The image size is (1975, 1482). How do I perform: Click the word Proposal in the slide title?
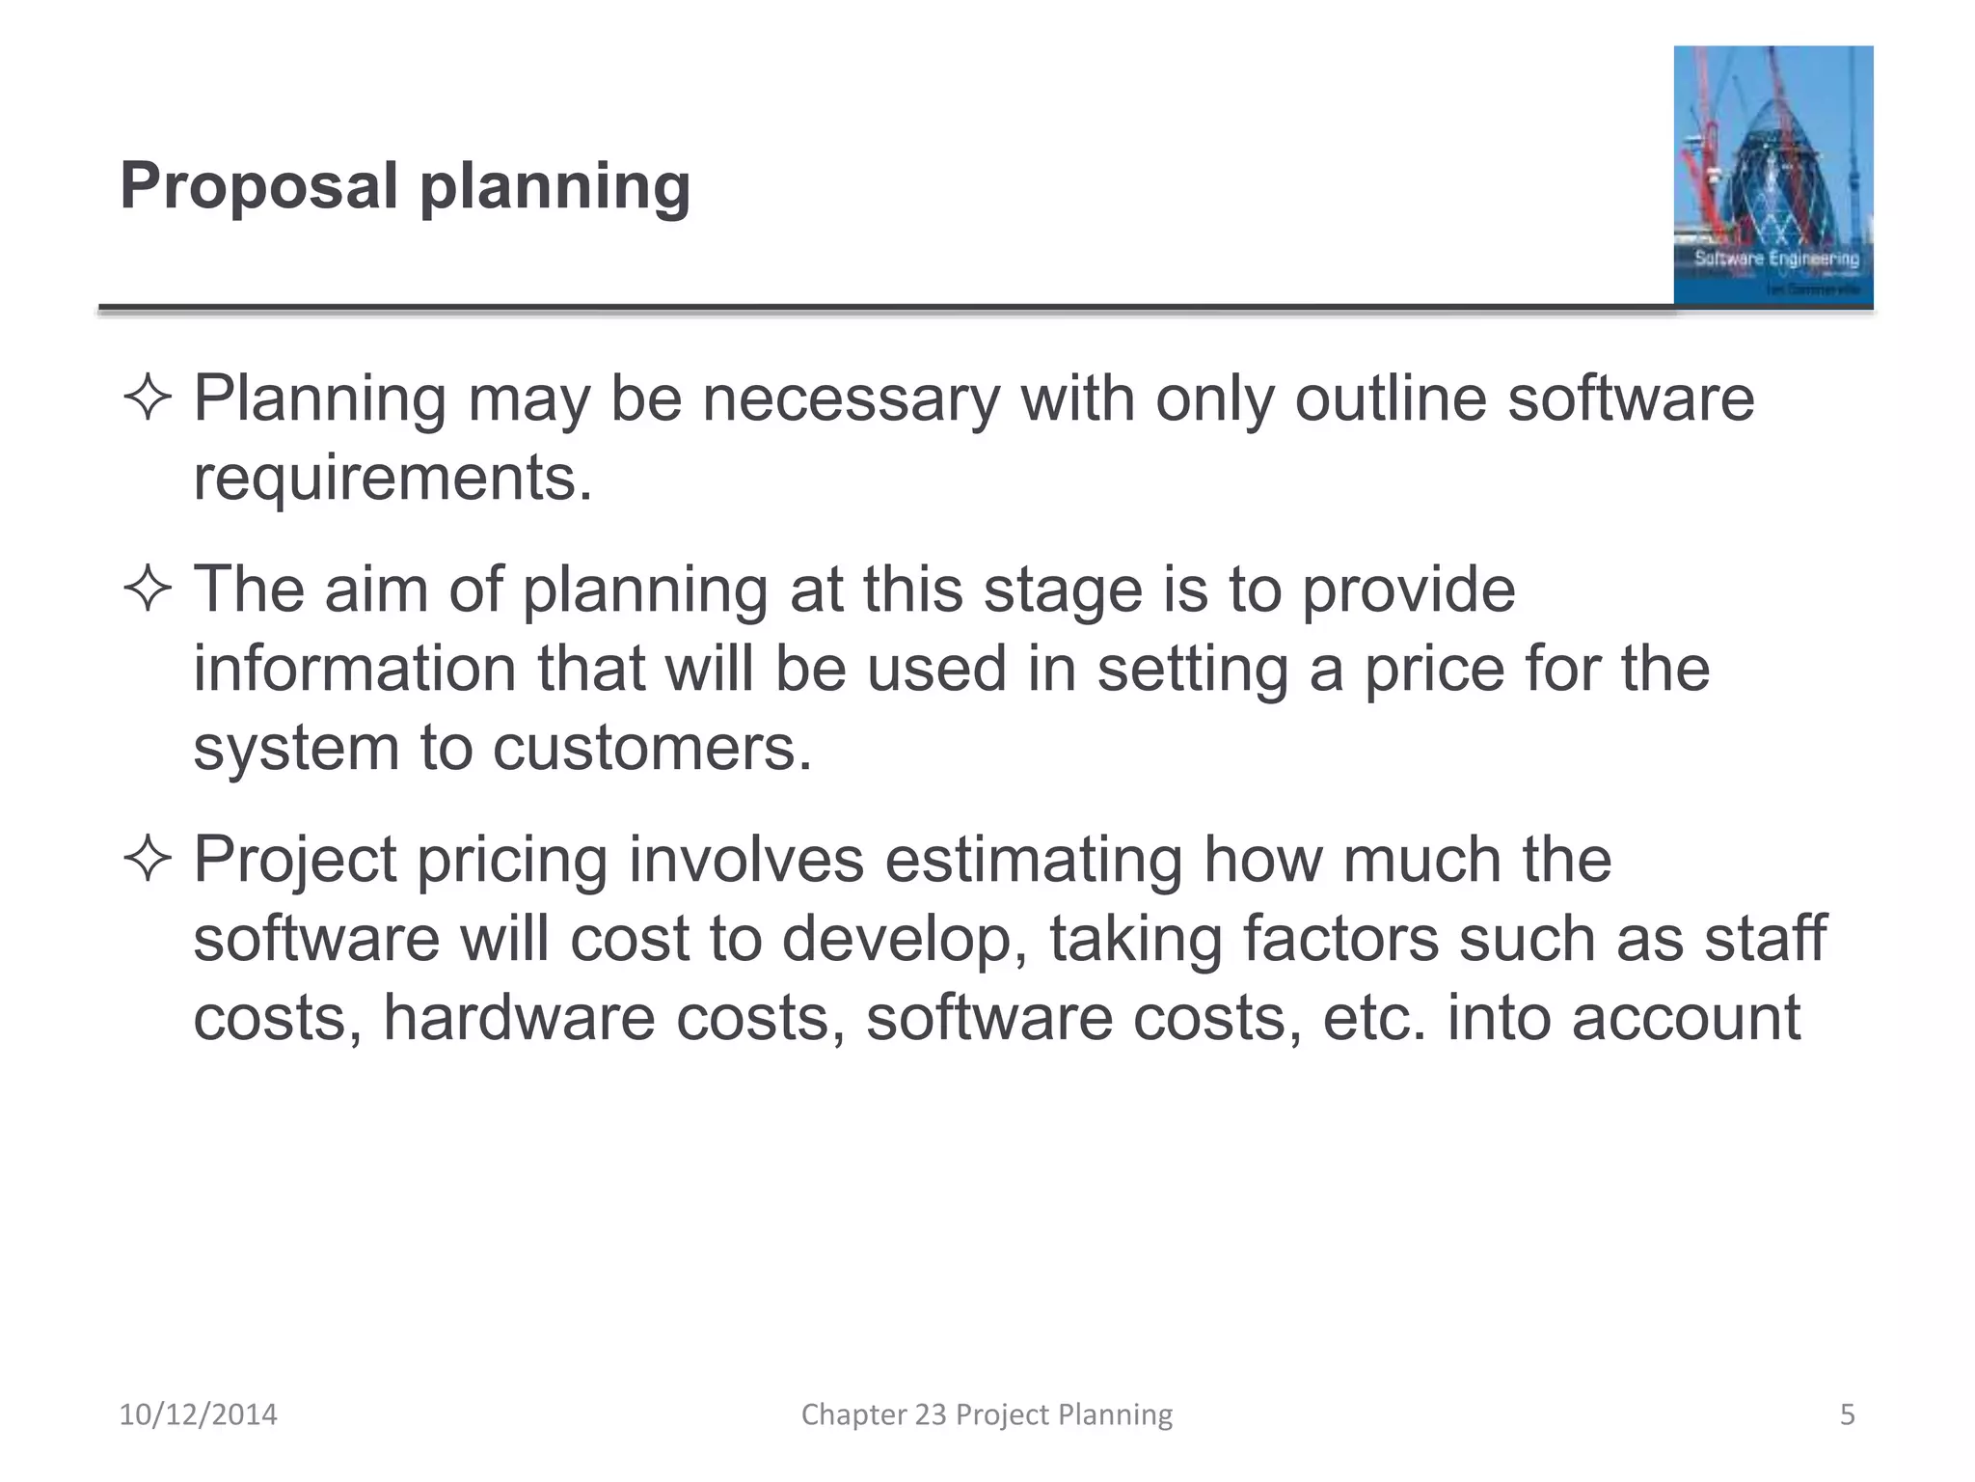click(258, 186)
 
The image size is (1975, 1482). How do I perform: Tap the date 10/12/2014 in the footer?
click(198, 1414)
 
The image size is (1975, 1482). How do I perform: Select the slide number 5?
click(1847, 1414)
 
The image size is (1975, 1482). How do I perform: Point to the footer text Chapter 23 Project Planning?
click(987, 1414)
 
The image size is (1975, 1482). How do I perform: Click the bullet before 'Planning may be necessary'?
click(148, 399)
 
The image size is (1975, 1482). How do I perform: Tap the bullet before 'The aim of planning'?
click(148, 590)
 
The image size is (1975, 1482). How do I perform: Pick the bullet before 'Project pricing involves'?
click(148, 860)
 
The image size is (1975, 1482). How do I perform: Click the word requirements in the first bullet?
click(392, 478)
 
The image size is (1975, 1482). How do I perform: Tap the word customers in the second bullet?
click(652, 748)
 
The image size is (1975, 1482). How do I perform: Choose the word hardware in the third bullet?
click(519, 1018)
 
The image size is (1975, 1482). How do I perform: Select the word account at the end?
click(1686, 1018)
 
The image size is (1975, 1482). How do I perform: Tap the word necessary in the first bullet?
click(852, 399)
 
